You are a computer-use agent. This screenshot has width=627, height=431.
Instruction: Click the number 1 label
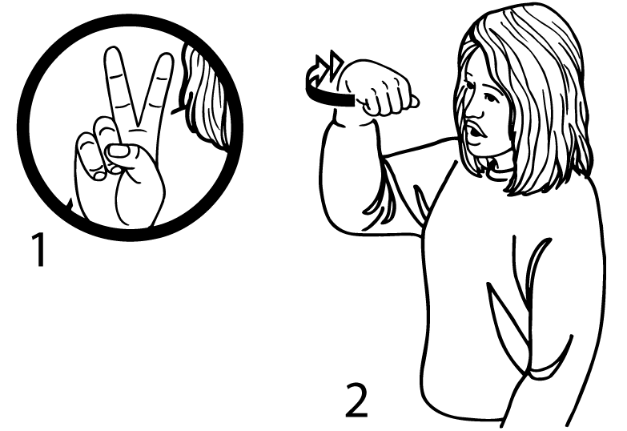tap(39, 250)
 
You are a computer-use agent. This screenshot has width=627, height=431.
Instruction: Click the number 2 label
tap(356, 400)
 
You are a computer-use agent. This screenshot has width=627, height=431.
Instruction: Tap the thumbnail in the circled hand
tap(119, 151)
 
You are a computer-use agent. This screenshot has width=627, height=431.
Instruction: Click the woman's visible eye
tap(489, 97)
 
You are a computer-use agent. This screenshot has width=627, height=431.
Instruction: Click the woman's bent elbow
tap(340, 216)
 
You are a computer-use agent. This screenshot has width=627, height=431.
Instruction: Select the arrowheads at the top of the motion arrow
tap(328, 65)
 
